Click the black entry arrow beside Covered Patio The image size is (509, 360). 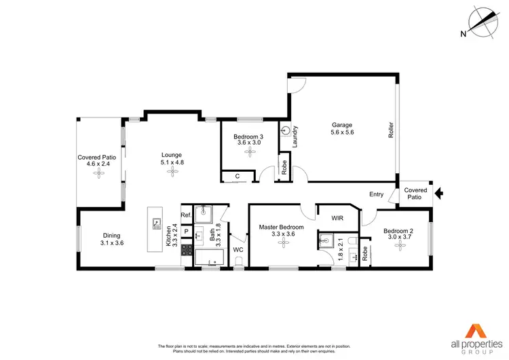pyautogui.click(x=439, y=194)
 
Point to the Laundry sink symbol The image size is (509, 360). pyautogui.click(x=286, y=130)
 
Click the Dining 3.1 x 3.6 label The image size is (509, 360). pyautogui.click(x=113, y=238)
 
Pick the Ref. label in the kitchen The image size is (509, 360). pyautogui.click(x=186, y=215)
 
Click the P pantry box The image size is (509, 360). pyautogui.click(x=186, y=232)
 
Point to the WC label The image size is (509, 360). pyautogui.click(x=238, y=249)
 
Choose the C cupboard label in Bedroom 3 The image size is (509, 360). pyautogui.click(x=238, y=177)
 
